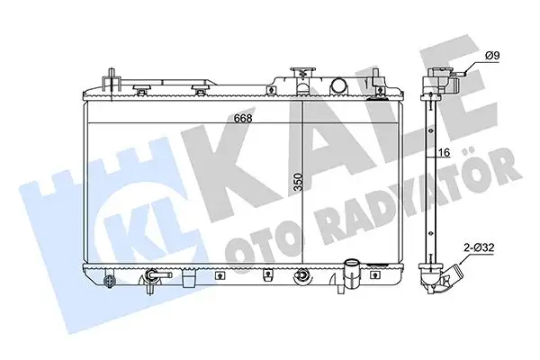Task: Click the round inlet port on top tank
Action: click(340, 86)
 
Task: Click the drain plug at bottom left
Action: click(110, 281)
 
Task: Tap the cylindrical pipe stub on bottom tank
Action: click(352, 272)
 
